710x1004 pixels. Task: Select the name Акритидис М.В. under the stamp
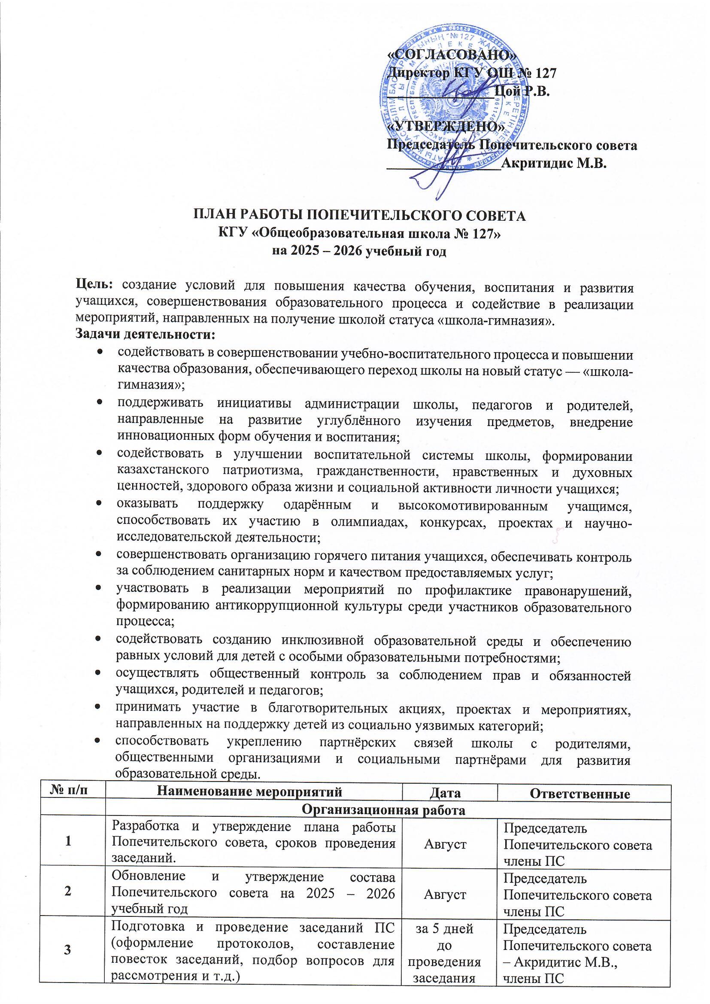pos(554,164)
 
